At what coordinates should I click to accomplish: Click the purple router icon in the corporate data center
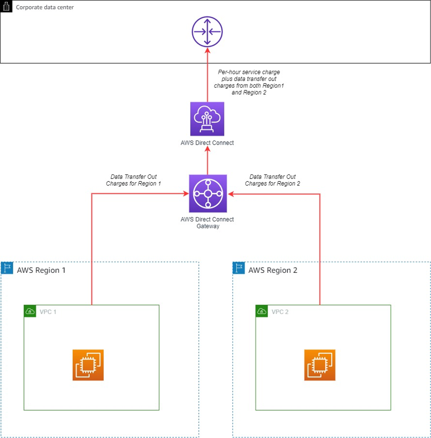coord(207,32)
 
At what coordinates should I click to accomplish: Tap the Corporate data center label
coord(45,8)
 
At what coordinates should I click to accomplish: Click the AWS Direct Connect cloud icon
coord(207,119)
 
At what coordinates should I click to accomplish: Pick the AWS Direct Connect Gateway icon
coord(207,193)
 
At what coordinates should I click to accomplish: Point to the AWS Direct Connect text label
coord(207,143)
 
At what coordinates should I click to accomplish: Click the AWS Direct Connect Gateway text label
coord(207,223)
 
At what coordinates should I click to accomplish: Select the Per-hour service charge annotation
coord(249,82)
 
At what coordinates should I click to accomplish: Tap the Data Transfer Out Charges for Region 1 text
coord(134,180)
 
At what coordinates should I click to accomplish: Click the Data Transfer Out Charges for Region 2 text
coord(273,180)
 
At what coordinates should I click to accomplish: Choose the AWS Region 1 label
coord(41,270)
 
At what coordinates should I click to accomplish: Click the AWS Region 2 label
coord(273,270)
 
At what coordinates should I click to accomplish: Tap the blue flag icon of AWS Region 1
coord(7,268)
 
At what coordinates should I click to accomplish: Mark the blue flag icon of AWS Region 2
coord(239,268)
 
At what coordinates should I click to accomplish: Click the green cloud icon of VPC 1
coord(30,311)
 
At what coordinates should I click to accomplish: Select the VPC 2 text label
coord(280,312)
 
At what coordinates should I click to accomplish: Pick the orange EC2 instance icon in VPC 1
coord(88,365)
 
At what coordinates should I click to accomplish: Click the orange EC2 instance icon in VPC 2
coord(319,365)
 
